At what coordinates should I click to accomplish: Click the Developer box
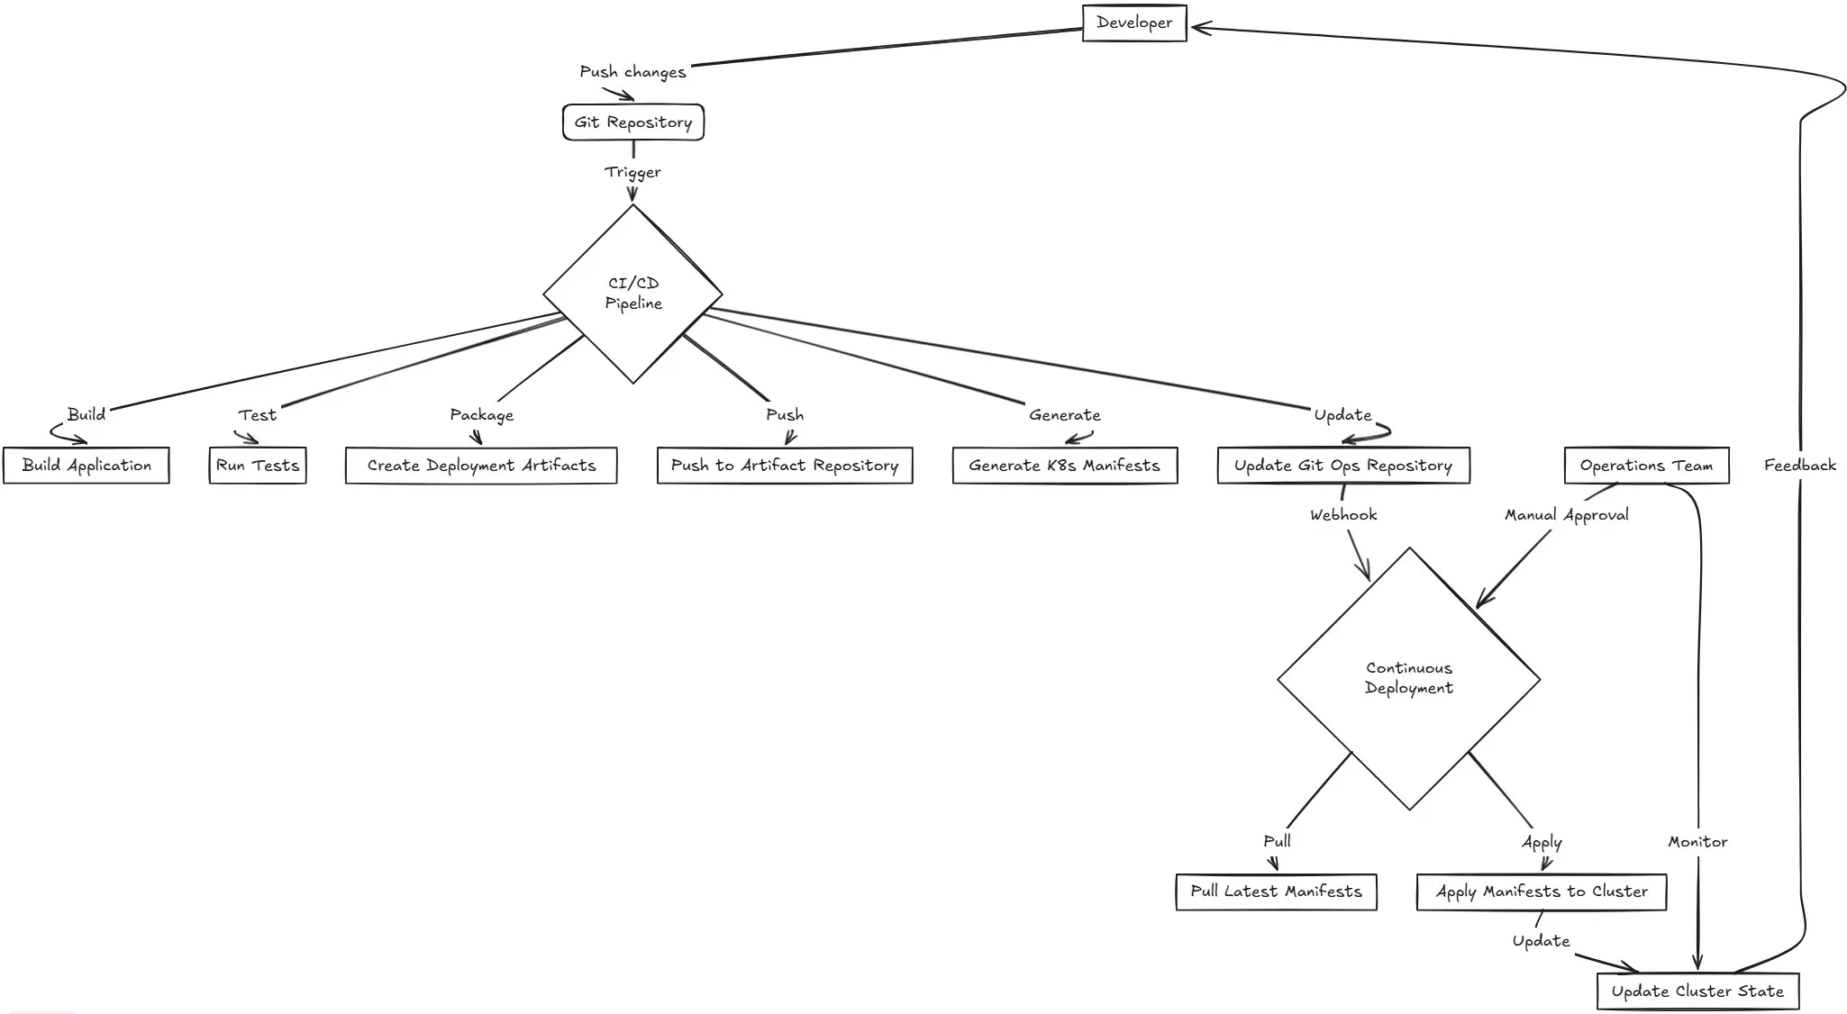(x=1133, y=23)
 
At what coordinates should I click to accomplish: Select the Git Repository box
(x=632, y=122)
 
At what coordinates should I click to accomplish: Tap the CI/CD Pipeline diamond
(x=632, y=294)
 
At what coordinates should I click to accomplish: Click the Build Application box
(x=86, y=466)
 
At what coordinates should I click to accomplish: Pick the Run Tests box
(x=258, y=466)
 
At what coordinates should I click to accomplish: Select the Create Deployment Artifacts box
(x=481, y=466)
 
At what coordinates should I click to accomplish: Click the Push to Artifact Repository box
(x=784, y=466)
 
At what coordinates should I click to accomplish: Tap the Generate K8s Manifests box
(x=1064, y=466)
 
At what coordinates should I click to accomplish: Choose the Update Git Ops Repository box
(x=1342, y=466)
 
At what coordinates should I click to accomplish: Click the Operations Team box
(x=1646, y=466)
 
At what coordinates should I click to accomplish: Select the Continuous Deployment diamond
(x=1408, y=678)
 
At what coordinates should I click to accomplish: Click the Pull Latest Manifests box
(x=1276, y=892)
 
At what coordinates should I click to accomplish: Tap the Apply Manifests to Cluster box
(x=1541, y=892)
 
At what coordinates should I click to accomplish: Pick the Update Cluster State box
(x=1697, y=991)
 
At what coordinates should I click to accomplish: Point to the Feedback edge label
(x=1799, y=466)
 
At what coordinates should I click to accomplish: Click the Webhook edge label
(x=1342, y=515)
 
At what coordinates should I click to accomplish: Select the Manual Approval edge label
(x=1566, y=515)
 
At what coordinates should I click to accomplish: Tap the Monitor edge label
(x=1697, y=842)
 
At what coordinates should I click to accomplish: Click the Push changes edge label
(x=632, y=72)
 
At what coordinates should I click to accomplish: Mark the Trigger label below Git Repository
(x=632, y=172)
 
